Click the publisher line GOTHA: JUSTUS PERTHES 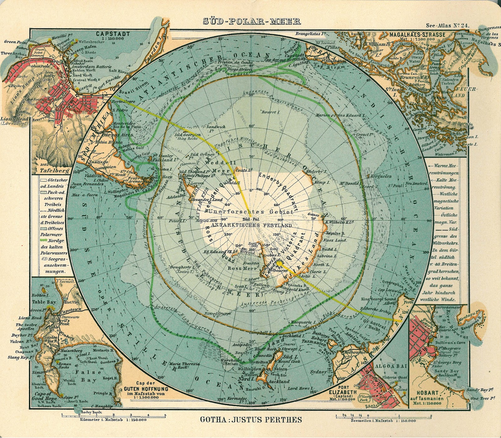(x=251, y=419)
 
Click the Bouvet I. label (x=270, y=112)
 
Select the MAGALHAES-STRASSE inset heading (x=417, y=34)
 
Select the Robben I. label (x=40, y=295)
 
